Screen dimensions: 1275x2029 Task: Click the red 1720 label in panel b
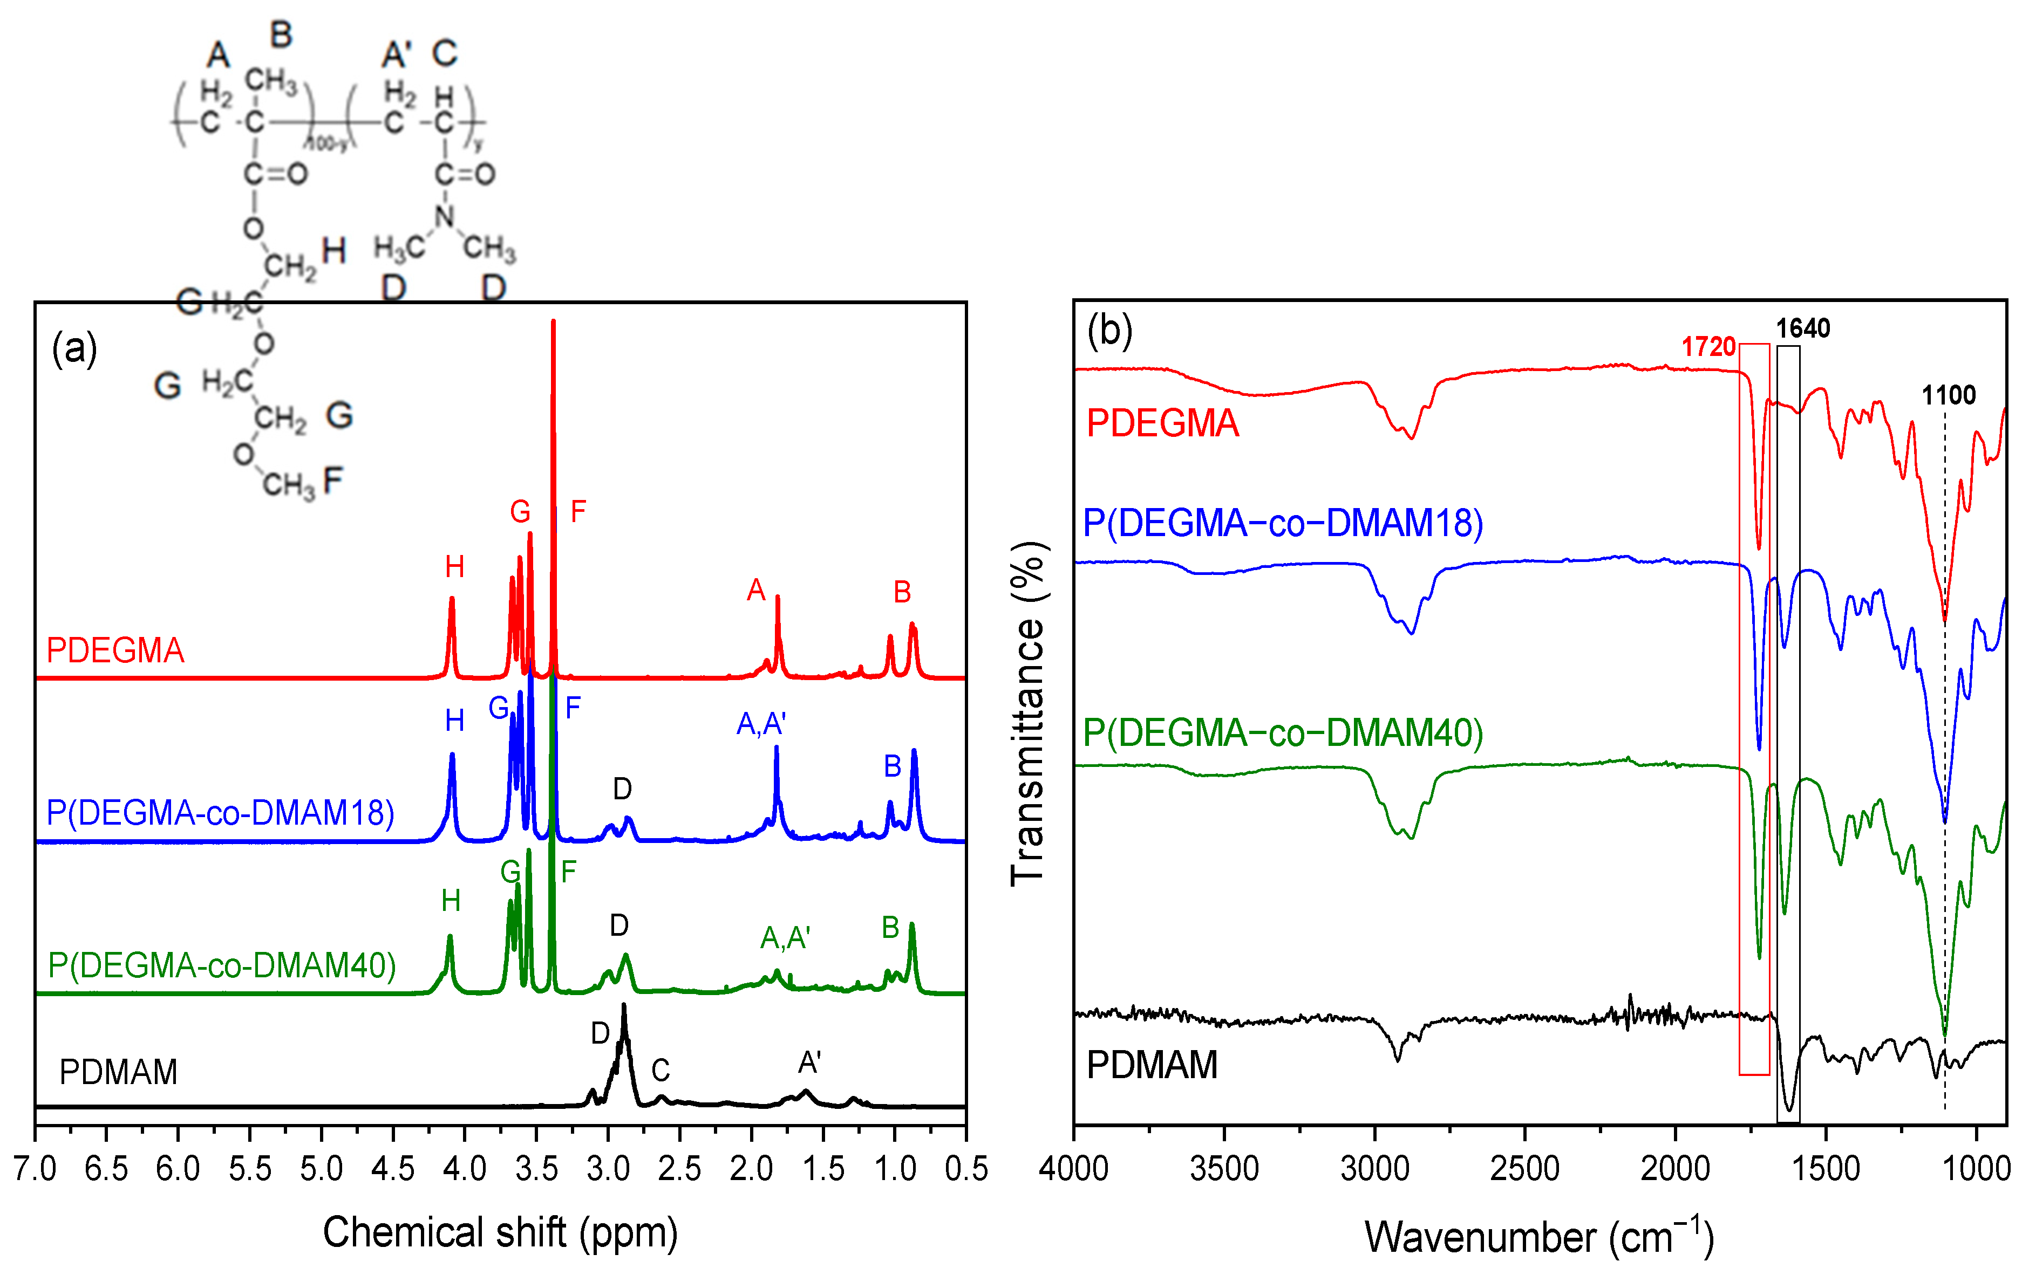[1707, 347]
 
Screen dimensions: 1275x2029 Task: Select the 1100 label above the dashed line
[1948, 395]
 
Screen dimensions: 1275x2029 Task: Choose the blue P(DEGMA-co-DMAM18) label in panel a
[220, 813]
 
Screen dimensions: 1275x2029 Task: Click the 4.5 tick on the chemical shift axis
[393, 1168]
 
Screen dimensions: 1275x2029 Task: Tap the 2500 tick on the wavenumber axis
[1524, 1168]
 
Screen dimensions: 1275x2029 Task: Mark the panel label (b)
[1109, 330]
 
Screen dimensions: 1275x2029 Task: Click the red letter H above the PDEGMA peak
[454, 567]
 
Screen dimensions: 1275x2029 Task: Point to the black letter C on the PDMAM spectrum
[660, 1071]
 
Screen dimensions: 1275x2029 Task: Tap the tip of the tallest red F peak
[553, 321]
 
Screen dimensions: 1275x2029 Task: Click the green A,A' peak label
[785, 937]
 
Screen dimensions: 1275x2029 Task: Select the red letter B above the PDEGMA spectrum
[902, 592]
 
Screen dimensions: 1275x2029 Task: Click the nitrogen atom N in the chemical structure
[445, 216]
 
